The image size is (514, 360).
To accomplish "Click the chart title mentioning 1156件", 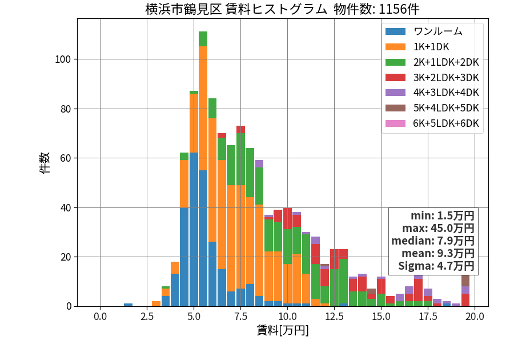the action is pyautogui.click(x=282, y=9).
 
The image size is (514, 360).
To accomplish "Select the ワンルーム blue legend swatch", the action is pyautogui.click(x=395, y=31).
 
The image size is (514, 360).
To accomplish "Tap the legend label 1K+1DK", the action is pyautogui.click(x=431, y=47).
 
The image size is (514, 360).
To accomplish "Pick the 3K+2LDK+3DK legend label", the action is pyautogui.click(x=446, y=78).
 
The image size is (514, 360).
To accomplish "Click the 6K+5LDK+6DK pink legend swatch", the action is pyautogui.click(x=395, y=123).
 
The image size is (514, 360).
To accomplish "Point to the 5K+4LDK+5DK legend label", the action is pyautogui.click(x=446, y=108).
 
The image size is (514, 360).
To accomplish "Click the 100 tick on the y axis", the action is pyautogui.click(x=63, y=59).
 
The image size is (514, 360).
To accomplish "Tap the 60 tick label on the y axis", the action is pyautogui.click(x=66, y=158).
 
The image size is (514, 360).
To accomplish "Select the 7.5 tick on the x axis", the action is pyautogui.click(x=240, y=317).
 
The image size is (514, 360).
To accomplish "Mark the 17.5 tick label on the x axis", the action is pyautogui.click(x=428, y=317).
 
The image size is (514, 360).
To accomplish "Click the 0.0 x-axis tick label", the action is pyautogui.click(x=100, y=317).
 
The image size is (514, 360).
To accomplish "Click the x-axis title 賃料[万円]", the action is pyautogui.click(x=283, y=330).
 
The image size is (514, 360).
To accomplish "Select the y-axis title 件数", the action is pyautogui.click(x=44, y=163).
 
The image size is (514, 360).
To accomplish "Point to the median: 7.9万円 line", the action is pyautogui.click(x=433, y=241).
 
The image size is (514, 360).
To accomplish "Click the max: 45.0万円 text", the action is pyautogui.click(x=438, y=228).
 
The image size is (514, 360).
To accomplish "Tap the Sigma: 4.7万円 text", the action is pyautogui.click(x=436, y=266).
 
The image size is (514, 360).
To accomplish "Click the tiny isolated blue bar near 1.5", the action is pyautogui.click(x=128, y=305).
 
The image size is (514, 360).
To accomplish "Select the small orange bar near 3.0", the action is pyautogui.click(x=156, y=304).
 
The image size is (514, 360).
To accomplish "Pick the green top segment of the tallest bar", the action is pyautogui.click(x=203, y=39).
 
